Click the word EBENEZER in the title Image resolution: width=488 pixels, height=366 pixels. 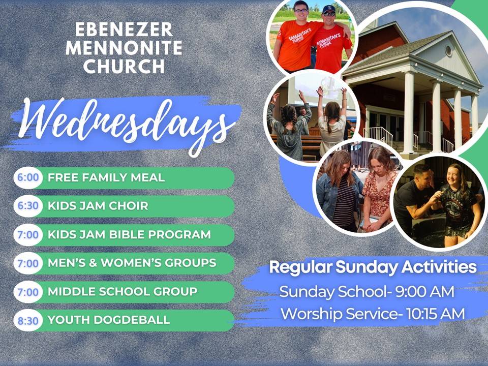click(124, 29)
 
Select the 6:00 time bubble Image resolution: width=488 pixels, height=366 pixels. click(28, 178)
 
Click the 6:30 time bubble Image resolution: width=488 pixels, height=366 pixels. click(28, 206)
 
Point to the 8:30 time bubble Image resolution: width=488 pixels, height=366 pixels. click(28, 321)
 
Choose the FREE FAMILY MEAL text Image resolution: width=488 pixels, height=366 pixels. click(106, 178)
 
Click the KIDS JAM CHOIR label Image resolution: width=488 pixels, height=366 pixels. click(98, 206)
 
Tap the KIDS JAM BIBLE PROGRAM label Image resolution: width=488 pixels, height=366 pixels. click(129, 234)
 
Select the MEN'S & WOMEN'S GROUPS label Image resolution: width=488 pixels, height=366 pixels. click(132, 263)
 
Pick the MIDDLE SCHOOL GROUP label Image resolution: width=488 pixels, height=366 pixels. click(123, 292)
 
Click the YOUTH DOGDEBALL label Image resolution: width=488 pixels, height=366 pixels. click(109, 320)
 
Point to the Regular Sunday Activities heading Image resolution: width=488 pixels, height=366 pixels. click(373, 267)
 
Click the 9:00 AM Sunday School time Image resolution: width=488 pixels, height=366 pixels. click(425, 292)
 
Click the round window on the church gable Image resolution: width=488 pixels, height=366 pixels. click(448, 50)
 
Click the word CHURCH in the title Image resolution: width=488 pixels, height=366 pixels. click(124, 66)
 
